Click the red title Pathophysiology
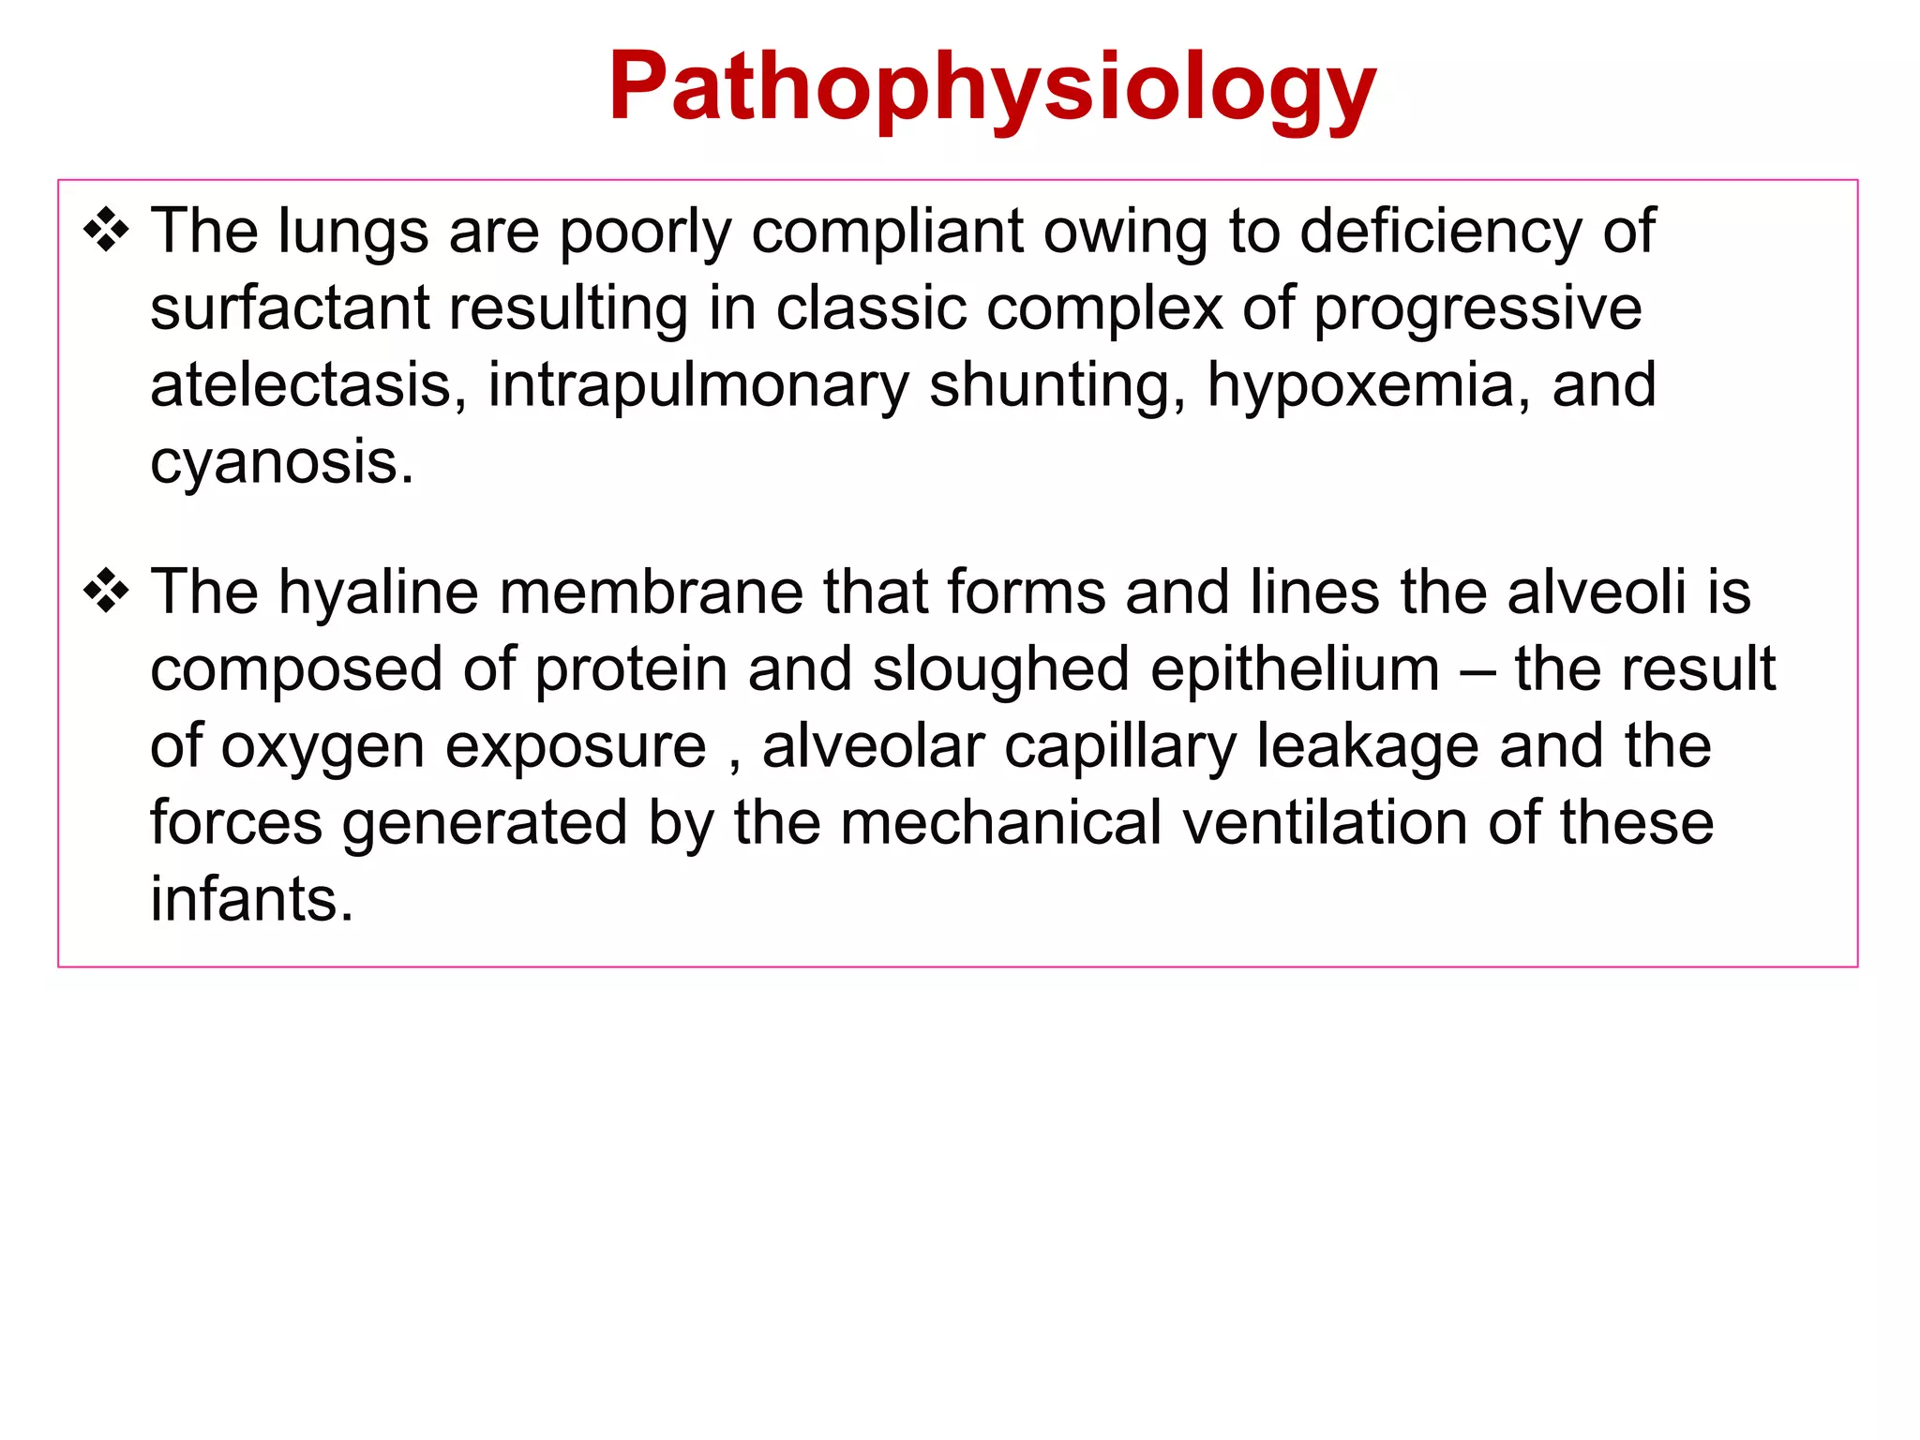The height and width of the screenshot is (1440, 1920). tap(992, 87)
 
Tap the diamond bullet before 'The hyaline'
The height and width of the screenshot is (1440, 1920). tap(106, 592)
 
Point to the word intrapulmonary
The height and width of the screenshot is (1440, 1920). tap(698, 386)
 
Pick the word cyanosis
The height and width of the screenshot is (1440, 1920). tap(280, 463)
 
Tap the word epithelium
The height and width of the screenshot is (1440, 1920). tap(1295, 670)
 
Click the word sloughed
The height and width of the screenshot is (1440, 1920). tap(1000, 671)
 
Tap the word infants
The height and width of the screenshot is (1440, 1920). tap(251, 900)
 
